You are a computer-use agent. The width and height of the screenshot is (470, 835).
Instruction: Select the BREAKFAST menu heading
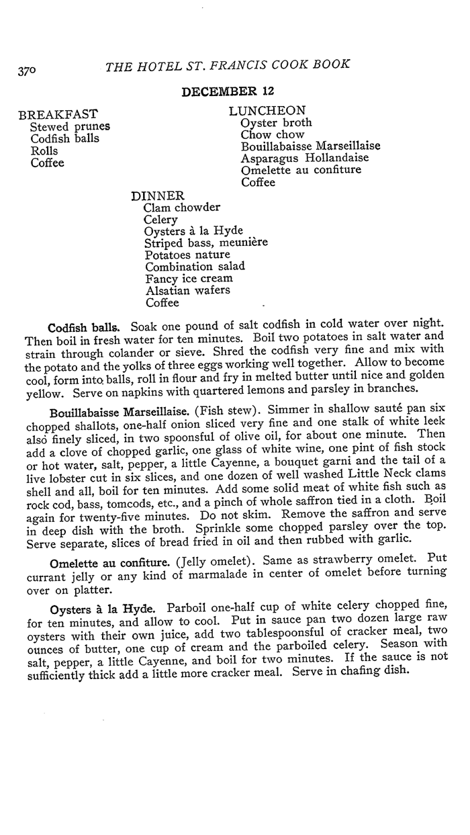pos(58,114)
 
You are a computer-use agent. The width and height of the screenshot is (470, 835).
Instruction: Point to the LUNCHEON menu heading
pos(267,110)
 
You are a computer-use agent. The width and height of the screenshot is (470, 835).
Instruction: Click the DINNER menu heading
pos(158,195)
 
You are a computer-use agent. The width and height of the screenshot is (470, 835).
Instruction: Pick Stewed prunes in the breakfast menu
pos(70,126)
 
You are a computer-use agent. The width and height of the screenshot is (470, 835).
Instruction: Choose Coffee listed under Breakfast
pos(48,163)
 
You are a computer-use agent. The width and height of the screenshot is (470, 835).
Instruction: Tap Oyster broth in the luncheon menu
pos(277,122)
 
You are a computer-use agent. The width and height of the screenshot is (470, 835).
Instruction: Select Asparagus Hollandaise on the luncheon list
pos(305,158)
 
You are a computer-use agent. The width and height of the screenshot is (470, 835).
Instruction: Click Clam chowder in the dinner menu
pos(182,208)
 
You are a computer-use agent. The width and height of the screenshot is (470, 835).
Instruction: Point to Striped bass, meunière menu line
pos(205,243)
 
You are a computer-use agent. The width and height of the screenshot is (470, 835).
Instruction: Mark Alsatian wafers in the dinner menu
pos(187,290)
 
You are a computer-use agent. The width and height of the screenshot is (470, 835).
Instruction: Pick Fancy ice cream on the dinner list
pos(189,278)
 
